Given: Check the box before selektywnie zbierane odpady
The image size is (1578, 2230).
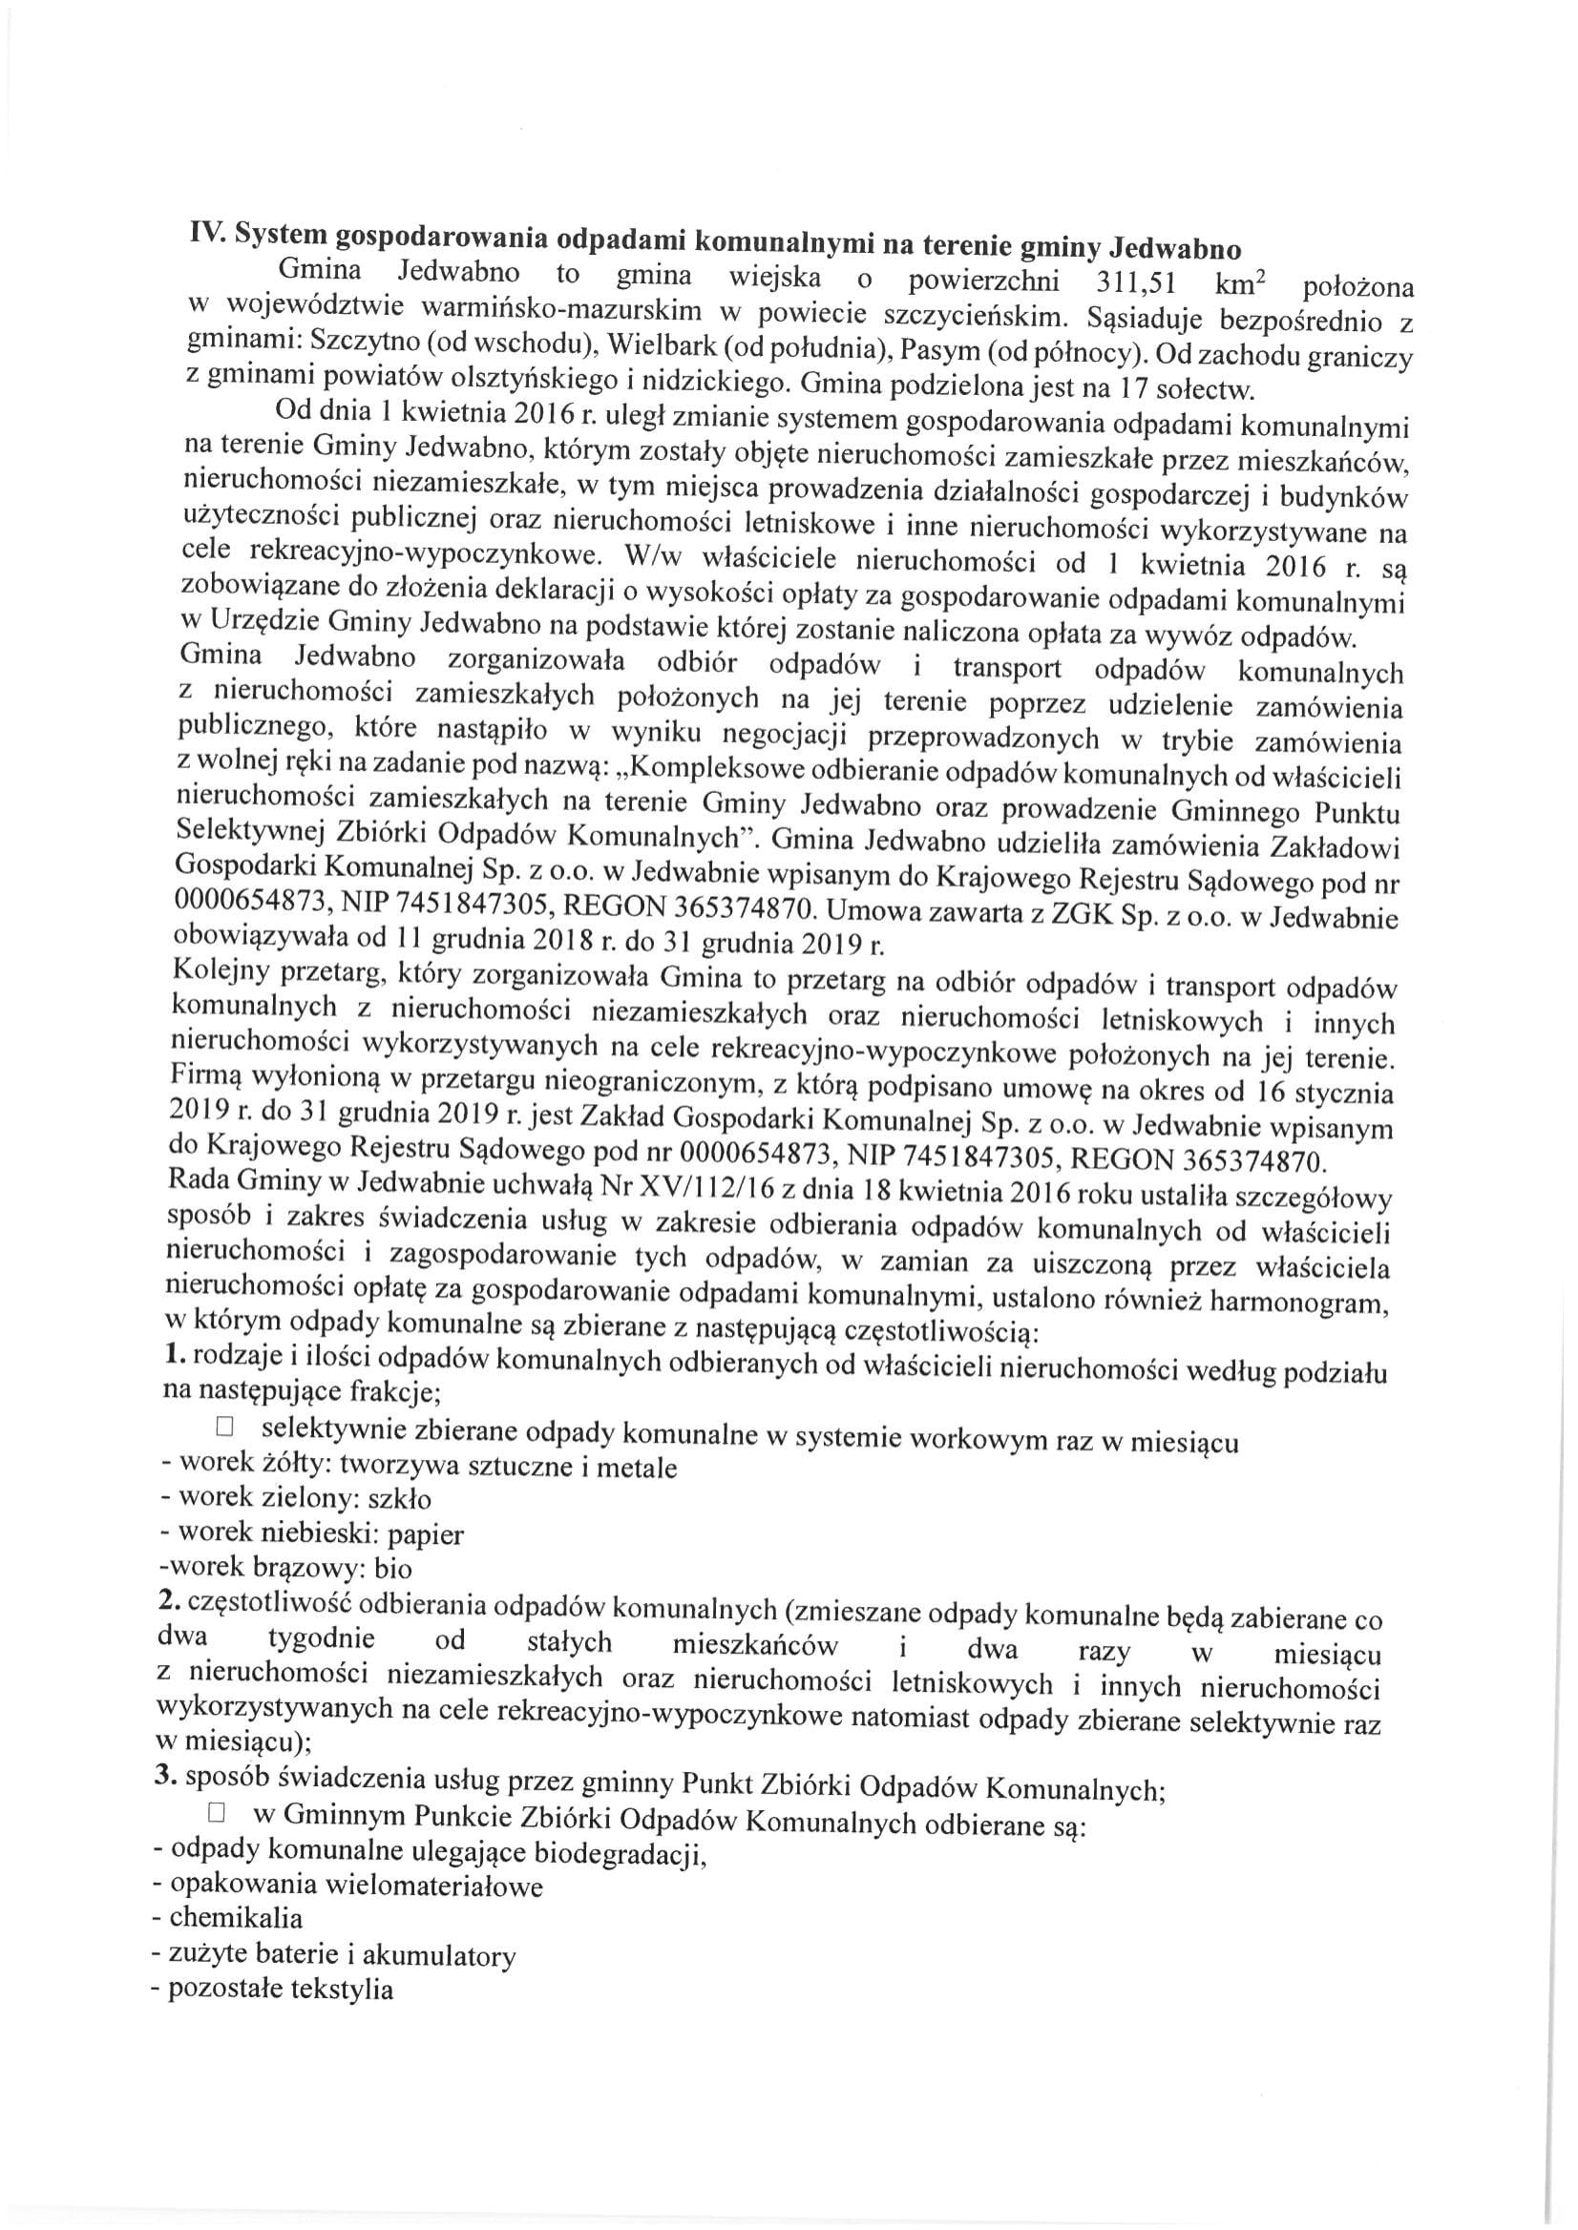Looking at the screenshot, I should point(225,1427).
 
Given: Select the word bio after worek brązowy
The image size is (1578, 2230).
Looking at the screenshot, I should point(391,1568).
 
